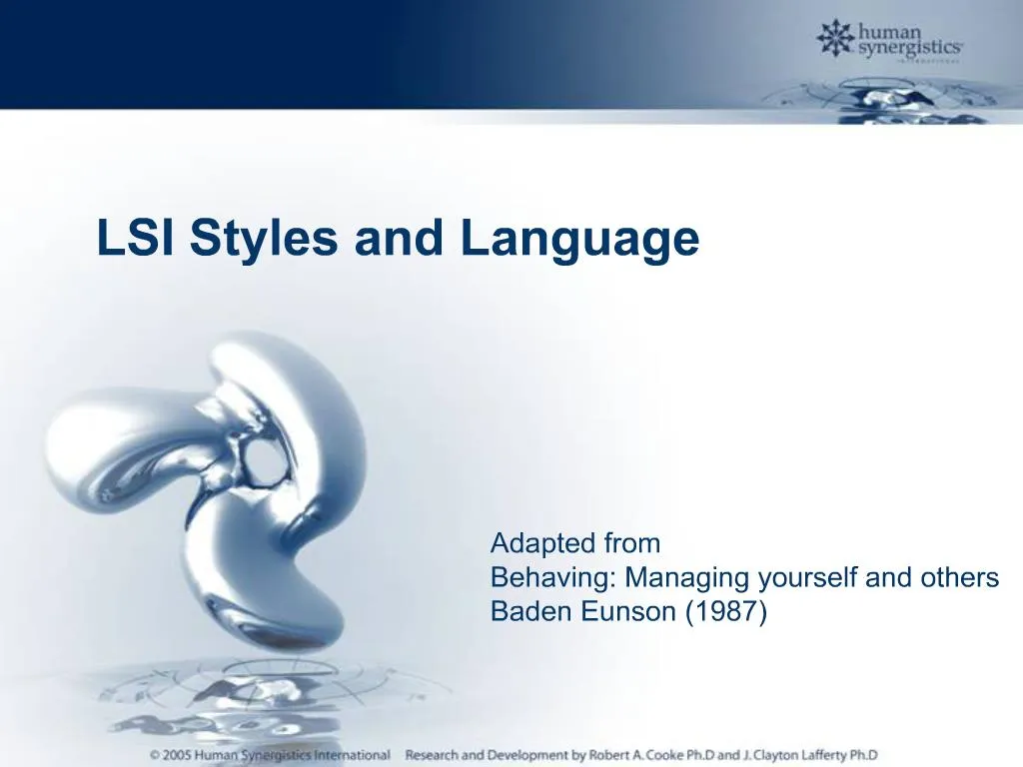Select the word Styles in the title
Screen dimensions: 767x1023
pyautogui.click(x=262, y=240)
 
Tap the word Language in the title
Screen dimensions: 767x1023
pyautogui.click(x=579, y=240)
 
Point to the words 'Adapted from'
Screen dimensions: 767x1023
pyautogui.click(x=575, y=543)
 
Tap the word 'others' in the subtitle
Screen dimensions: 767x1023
pyautogui.click(x=957, y=578)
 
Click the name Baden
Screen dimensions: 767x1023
pyautogui.click(x=523, y=612)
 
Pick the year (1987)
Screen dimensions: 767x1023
pyautogui.click(x=726, y=612)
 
